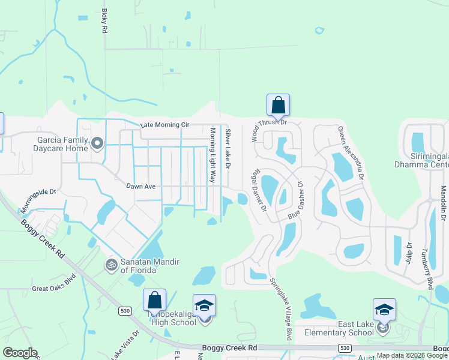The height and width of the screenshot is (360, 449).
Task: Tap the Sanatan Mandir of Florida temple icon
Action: [x=110, y=264]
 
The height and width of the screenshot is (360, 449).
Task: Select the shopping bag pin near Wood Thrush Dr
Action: [x=278, y=105]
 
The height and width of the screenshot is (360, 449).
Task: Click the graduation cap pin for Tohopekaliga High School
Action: [x=204, y=306]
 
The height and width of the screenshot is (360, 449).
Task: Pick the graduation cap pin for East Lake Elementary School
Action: [x=384, y=310]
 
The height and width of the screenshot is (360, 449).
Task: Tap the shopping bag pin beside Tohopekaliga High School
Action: [x=154, y=301]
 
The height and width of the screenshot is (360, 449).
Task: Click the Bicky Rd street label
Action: [x=104, y=21]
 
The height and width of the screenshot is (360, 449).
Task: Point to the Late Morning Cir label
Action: [x=165, y=125]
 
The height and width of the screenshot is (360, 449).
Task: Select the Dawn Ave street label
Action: [x=141, y=187]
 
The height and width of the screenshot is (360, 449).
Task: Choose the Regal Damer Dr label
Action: [x=260, y=190]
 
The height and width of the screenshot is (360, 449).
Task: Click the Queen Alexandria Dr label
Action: [x=351, y=153]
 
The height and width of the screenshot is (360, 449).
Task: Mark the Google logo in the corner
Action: [x=20, y=352]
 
